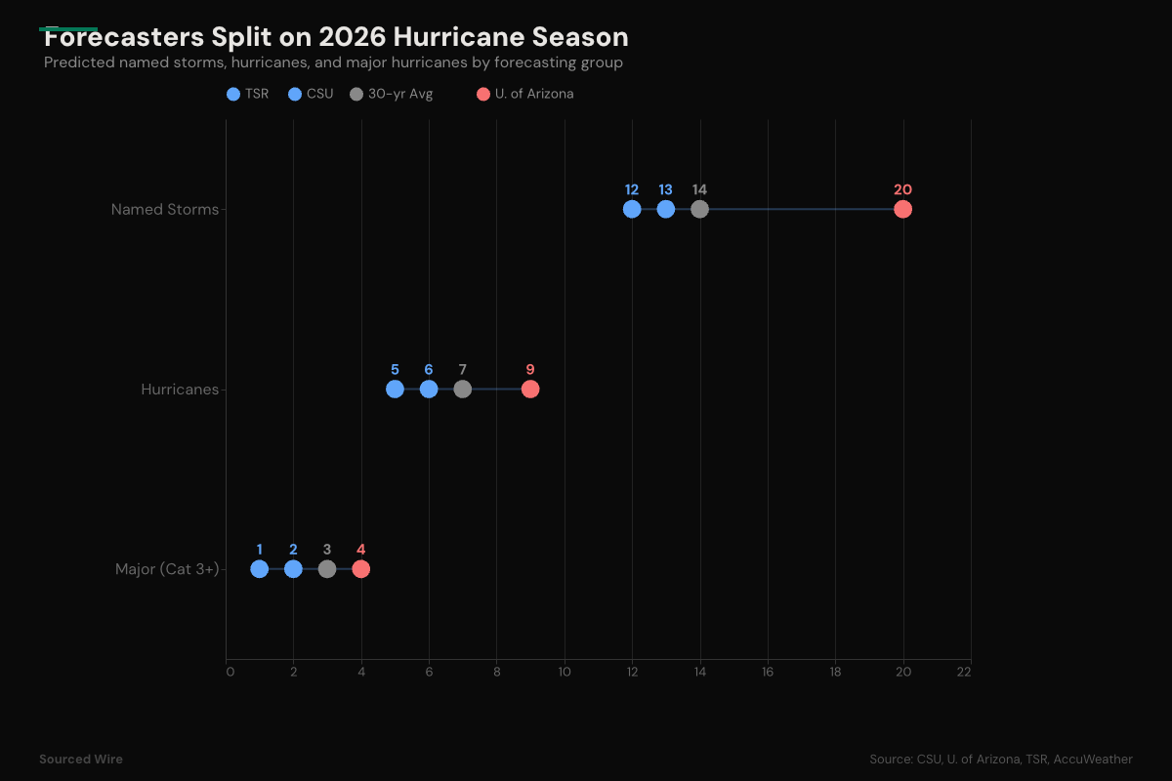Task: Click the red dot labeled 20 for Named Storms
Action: coord(902,209)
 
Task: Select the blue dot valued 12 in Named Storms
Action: coord(632,209)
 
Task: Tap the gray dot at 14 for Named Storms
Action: coord(699,209)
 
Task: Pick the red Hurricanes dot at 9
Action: coord(530,390)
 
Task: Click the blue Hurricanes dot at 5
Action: coord(395,390)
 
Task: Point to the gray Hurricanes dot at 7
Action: coord(462,390)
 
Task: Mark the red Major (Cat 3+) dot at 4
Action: coord(361,569)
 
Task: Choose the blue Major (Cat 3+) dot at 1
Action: coord(259,569)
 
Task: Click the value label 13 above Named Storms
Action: coord(665,189)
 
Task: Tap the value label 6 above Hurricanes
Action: coord(429,370)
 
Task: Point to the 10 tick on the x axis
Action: coord(565,672)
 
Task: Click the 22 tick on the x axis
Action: coord(964,672)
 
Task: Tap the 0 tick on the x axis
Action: coord(230,672)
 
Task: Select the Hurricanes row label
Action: coord(180,390)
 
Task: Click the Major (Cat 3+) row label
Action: coord(166,569)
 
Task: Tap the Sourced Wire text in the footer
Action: coord(81,759)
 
